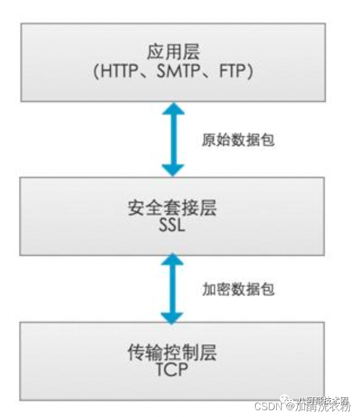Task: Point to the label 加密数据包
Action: [238, 289]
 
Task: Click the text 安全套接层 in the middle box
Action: [173, 208]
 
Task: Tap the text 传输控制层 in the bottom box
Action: [173, 354]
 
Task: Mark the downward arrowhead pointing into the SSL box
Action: [173, 169]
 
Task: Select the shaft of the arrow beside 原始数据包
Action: [173, 139]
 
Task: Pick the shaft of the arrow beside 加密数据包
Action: [173, 288]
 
